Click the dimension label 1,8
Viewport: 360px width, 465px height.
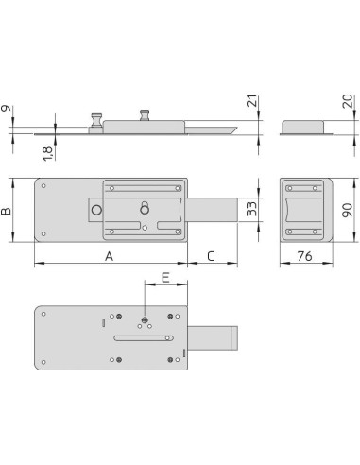(x=48, y=154)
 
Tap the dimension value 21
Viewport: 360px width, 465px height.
(x=252, y=101)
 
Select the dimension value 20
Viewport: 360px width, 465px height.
(x=348, y=101)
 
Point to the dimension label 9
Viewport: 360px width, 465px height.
(x=6, y=109)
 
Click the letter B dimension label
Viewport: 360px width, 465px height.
(x=6, y=211)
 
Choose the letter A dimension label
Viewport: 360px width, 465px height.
(x=109, y=256)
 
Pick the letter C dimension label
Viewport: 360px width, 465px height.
(x=211, y=256)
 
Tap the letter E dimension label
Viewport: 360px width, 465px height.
(x=165, y=278)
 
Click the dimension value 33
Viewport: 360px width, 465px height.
(x=251, y=209)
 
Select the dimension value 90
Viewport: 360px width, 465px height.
(x=348, y=211)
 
